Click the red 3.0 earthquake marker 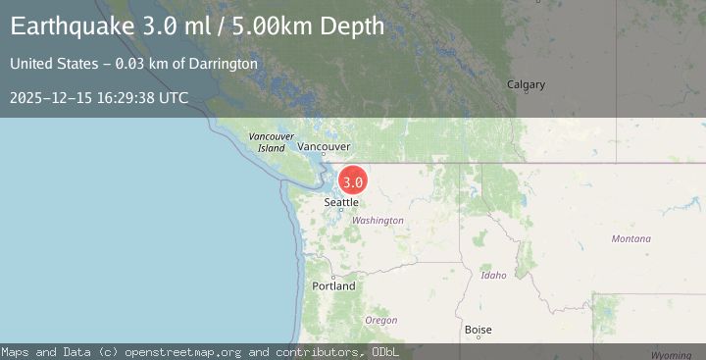(x=353, y=181)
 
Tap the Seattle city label (x=341, y=202)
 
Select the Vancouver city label (x=324, y=146)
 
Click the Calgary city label (x=526, y=84)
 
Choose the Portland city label (x=334, y=286)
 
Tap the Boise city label (x=479, y=331)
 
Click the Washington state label (x=378, y=221)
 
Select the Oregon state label (x=380, y=321)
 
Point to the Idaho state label (x=494, y=276)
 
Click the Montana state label (x=630, y=239)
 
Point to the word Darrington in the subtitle (x=225, y=64)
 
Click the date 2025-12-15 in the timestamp (x=49, y=97)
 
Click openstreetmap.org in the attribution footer (x=193, y=351)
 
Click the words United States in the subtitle (x=45, y=64)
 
